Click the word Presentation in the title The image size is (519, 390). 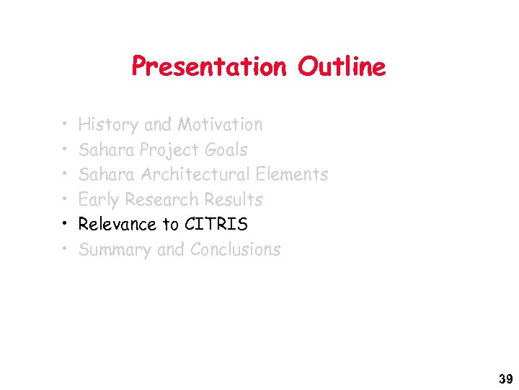[208, 67]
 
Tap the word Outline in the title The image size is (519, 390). [342, 67]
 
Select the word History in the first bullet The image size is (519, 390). [108, 125]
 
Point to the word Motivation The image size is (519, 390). [220, 125]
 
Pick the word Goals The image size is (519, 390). [226, 149]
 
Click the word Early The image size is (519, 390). [99, 200]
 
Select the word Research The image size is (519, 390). [161, 199]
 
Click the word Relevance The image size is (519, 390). [118, 225]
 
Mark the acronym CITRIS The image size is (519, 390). [216, 225]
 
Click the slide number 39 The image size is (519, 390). [504, 378]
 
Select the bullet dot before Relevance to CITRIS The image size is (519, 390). [64, 225]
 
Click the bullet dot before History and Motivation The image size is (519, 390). [64, 125]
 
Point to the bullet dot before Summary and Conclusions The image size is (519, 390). [64, 250]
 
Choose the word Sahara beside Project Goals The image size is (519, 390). [107, 149]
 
